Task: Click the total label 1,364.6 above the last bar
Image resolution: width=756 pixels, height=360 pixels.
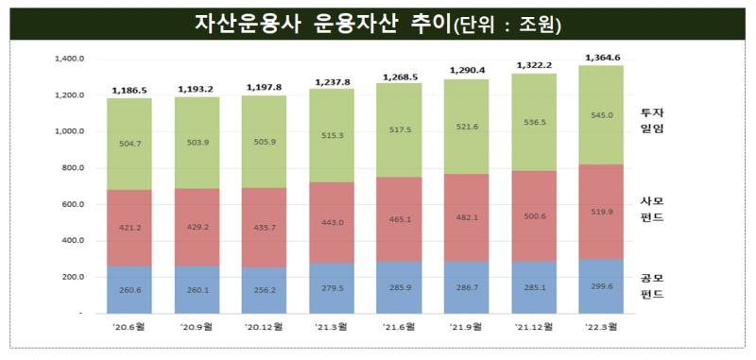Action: click(604, 58)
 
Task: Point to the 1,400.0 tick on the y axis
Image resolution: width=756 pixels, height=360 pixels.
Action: click(70, 59)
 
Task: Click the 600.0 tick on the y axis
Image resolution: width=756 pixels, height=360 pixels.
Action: click(73, 204)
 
